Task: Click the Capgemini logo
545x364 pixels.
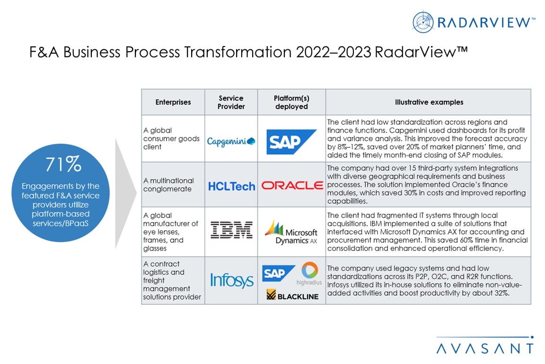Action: (x=231, y=141)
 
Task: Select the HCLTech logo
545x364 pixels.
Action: (x=231, y=186)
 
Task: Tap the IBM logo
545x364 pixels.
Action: (x=231, y=230)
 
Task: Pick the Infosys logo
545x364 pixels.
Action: (x=232, y=281)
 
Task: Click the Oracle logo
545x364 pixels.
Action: (x=292, y=185)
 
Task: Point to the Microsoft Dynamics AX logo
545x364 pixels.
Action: (x=291, y=232)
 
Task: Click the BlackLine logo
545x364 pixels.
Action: (x=292, y=295)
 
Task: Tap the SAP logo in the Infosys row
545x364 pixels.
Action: (x=279, y=273)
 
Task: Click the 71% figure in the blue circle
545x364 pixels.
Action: (x=63, y=164)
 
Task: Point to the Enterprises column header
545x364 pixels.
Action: (x=173, y=102)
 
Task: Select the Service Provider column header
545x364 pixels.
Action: (x=231, y=102)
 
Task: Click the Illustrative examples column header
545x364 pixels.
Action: (x=429, y=102)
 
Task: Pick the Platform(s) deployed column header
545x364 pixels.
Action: (x=291, y=102)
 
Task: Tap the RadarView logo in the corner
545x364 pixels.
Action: (x=474, y=22)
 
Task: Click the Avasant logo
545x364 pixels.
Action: (x=485, y=345)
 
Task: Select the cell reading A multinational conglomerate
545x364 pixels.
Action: (x=168, y=185)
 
